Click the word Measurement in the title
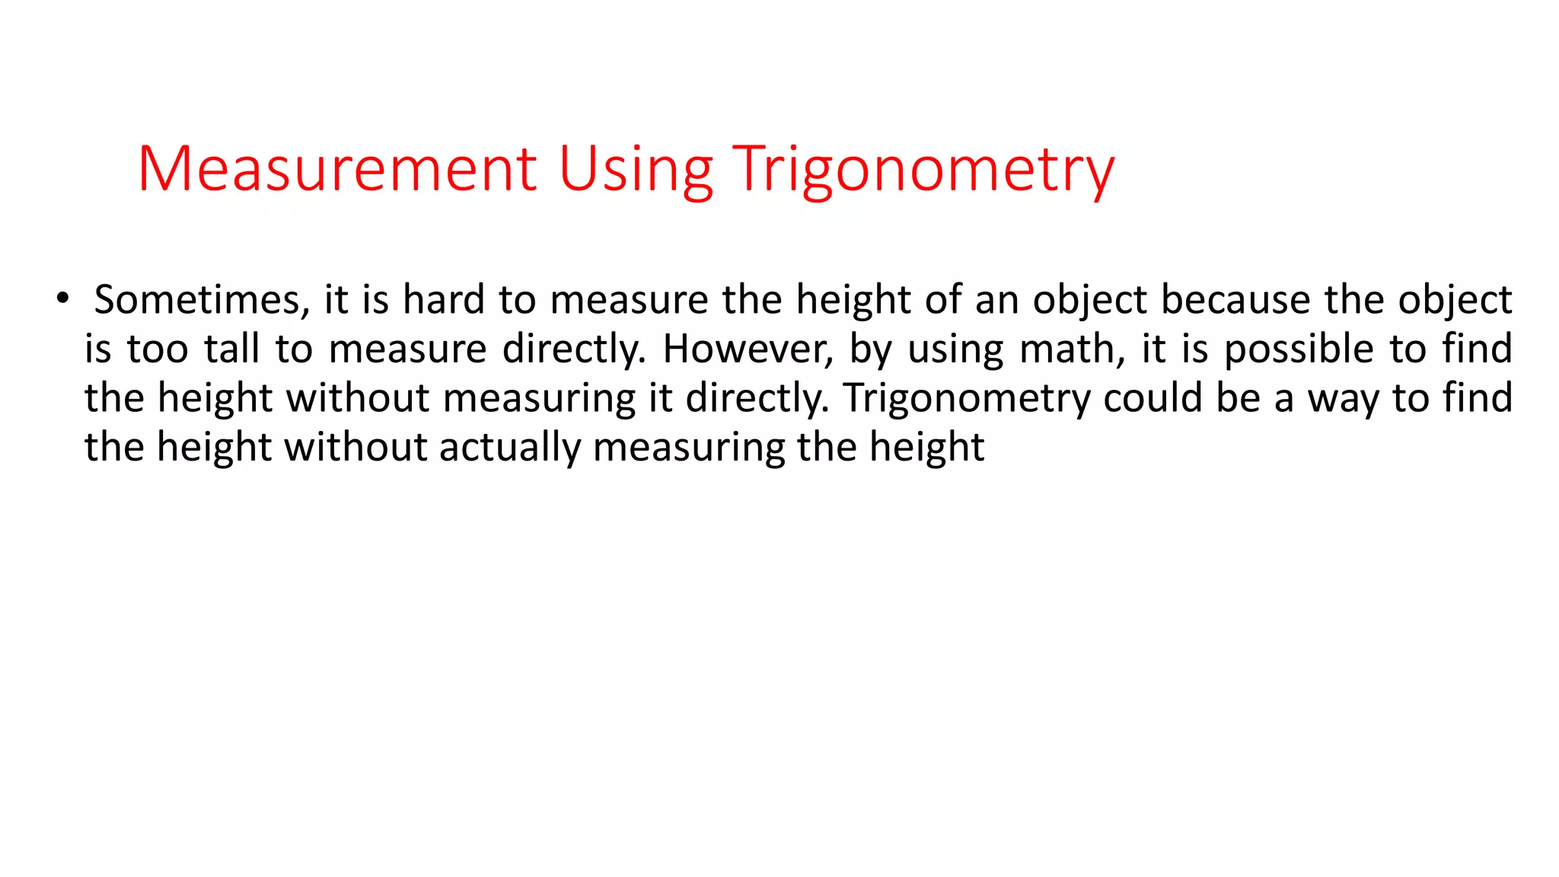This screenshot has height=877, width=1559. point(337,169)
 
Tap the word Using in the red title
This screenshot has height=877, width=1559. point(636,169)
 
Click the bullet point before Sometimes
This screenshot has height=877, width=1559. point(62,298)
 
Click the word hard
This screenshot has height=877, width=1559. point(443,299)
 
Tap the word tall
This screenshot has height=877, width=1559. point(232,349)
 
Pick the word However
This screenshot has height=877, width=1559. point(748,349)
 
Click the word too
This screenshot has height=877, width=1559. point(158,349)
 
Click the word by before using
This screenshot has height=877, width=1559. point(871,349)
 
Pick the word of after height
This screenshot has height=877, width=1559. point(943,299)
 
